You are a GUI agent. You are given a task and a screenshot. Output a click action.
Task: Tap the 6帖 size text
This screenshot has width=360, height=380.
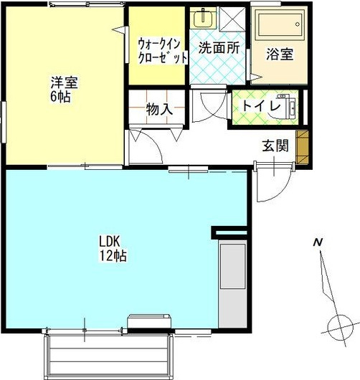[61, 97]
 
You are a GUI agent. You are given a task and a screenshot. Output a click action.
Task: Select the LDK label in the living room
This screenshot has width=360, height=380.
[109, 241]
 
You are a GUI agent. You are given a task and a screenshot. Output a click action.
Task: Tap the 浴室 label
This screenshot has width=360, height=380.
[280, 54]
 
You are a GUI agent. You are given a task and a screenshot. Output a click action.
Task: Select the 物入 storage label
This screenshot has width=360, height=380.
[159, 109]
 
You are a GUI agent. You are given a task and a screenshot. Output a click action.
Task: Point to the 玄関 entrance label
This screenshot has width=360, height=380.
[275, 146]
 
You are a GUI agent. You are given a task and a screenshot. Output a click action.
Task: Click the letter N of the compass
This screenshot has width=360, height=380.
[316, 243]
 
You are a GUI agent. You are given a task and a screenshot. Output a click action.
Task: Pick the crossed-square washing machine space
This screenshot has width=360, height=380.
[232, 19]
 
